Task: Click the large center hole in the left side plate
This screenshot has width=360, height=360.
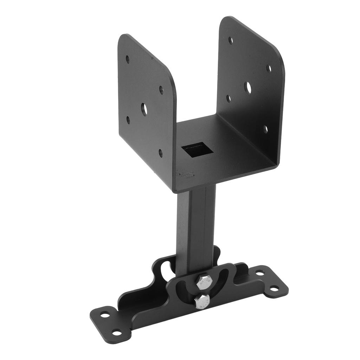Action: [144, 109]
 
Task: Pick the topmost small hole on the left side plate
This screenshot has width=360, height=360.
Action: [128, 59]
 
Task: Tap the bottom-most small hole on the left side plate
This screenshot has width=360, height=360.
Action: [161, 153]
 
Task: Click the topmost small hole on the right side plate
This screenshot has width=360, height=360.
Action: [231, 40]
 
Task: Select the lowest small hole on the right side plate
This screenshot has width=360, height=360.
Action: [265, 129]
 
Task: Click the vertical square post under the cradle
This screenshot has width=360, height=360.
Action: [195, 225]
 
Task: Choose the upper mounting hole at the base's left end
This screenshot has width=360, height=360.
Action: [105, 314]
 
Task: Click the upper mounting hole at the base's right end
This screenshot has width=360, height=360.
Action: [260, 272]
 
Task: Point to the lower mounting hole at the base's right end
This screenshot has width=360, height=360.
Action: [274, 288]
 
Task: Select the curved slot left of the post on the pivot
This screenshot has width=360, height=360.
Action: [165, 271]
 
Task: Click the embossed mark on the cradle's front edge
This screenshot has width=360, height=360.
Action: [186, 174]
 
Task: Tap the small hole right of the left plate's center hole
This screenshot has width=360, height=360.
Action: [161, 90]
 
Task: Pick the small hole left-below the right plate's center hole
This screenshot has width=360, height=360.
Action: [229, 98]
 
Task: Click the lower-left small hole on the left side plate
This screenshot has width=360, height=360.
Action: [128, 120]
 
